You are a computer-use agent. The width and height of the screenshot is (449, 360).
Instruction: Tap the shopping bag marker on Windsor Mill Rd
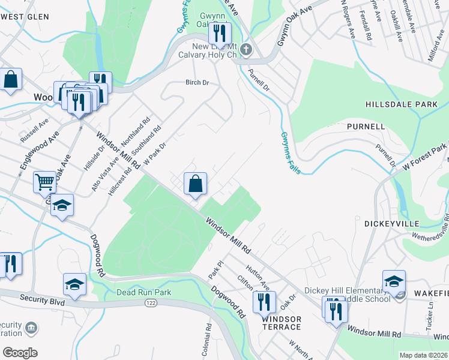pyautogui.click(x=196, y=184)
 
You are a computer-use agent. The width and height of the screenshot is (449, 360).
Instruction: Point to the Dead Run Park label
pyautogui.click(x=143, y=293)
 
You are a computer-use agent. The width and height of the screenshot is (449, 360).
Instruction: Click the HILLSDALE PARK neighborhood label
pyautogui.click(x=402, y=104)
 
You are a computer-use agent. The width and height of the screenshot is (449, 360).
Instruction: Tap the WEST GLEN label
pyautogui.click(x=24, y=16)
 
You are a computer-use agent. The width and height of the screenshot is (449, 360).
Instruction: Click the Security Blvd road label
pyautogui.click(x=41, y=299)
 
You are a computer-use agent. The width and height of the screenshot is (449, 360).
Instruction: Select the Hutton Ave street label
pyautogui.click(x=257, y=274)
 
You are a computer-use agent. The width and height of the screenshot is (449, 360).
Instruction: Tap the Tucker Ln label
pyautogui.click(x=430, y=311)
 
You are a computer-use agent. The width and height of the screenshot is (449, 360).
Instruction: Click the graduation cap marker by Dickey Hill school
pyautogui.click(x=394, y=281)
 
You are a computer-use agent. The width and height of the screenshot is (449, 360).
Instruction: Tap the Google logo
pyautogui.click(x=20, y=353)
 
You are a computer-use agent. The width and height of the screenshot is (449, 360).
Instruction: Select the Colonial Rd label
pyautogui.click(x=206, y=340)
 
